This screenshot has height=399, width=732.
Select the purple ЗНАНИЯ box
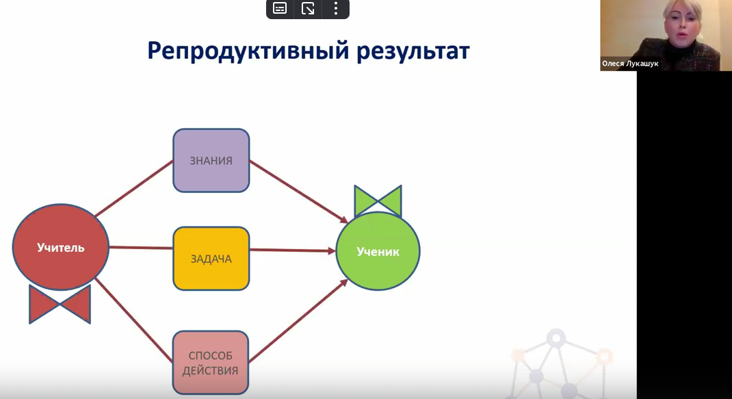coord(211,161)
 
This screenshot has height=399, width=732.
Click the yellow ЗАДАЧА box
coord(211,259)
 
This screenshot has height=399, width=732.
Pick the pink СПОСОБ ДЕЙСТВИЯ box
coord(211,363)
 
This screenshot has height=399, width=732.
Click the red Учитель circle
coord(61,248)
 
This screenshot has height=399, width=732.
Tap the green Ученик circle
coord(378,251)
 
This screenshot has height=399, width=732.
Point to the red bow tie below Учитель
coord(60,305)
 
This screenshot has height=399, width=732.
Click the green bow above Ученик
coord(378,201)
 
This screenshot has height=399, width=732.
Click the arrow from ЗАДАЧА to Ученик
coord(292,250)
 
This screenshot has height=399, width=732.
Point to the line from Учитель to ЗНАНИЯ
coord(135,188)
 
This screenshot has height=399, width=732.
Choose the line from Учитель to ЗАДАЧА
coord(141,248)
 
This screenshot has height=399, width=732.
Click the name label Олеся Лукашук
coord(630,63)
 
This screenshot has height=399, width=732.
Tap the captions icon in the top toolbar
coord(280,8)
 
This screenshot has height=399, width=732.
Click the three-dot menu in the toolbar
coord(335,8)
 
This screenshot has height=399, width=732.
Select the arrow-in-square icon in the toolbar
coord(308,8)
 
